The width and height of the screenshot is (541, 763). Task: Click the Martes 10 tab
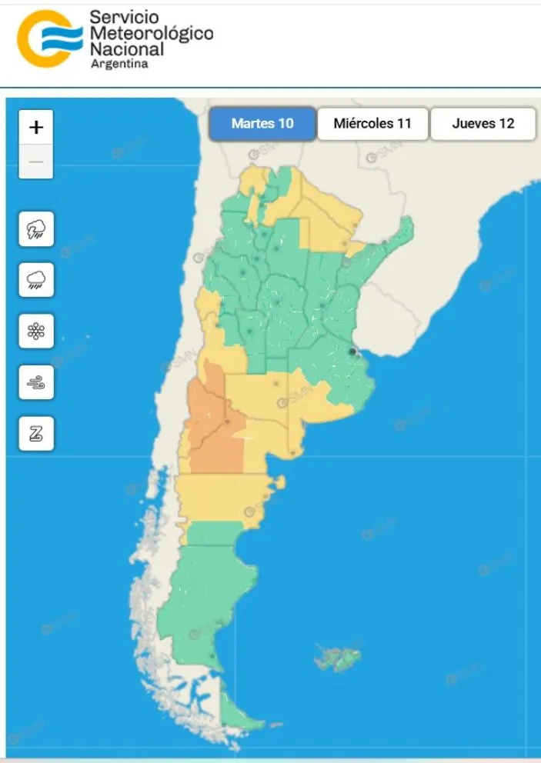point(262,123)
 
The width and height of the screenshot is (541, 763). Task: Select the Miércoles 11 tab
point(372,123)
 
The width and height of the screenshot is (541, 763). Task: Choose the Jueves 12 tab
point(483,123)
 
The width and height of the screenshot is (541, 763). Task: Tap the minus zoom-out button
point(36,162)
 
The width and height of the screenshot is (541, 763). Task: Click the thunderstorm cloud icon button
point(36,229)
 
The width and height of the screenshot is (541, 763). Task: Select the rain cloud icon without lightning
point(36,280)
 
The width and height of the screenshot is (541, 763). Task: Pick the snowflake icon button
point(36,332)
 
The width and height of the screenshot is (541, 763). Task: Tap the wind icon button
point(36,382)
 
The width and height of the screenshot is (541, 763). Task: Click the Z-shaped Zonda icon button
point(36,434)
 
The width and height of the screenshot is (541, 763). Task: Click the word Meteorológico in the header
point(152,33)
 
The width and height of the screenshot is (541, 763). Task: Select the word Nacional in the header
point(127,49)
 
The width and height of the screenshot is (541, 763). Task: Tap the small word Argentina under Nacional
point(119,65)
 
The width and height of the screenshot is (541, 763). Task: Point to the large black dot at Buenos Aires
point(352,352)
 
